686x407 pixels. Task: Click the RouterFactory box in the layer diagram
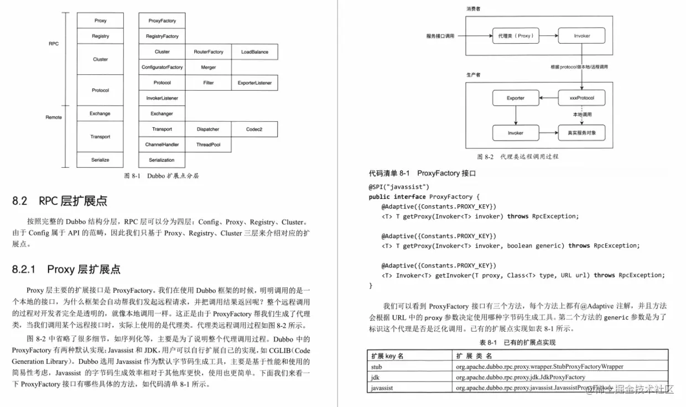[209, 52]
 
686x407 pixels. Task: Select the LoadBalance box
[254, 52]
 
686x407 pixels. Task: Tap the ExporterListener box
[254, 83]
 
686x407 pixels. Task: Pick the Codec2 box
[254, 130]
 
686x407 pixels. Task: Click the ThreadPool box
[209, 145]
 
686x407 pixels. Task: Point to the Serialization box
[162, 160]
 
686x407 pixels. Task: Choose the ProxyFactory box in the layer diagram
[162, 21]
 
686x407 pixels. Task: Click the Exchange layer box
[100, 114]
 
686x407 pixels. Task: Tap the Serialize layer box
[100, 160]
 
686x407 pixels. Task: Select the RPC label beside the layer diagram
[54, 44]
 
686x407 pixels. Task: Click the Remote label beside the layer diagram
[54, 117]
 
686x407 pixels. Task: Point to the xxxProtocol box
[581, 98]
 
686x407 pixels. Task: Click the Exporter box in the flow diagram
[516, 98]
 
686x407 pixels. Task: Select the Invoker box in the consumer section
[581, 36]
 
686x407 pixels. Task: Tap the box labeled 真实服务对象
[581, 133]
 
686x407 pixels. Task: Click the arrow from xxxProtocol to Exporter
[549, 98]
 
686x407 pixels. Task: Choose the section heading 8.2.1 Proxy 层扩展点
[66, 270]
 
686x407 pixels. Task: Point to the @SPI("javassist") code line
[399, 187]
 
